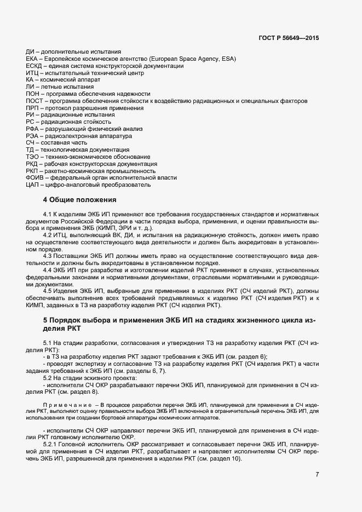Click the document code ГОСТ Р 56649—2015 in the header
pos(289,38)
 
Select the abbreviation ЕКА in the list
pos(32,59)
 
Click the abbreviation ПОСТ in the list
pos(35,101)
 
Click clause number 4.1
pos(47,212)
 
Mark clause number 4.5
pos(47,290)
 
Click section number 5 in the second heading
pos(45,319)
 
